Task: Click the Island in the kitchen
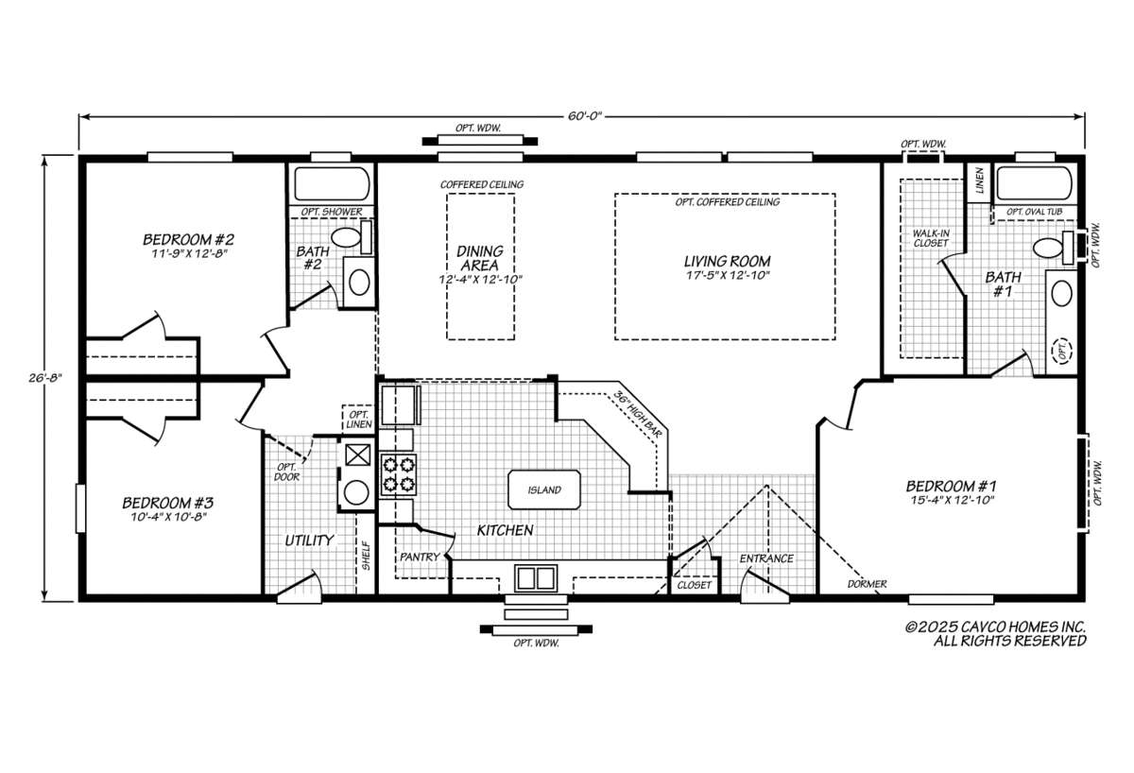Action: tap(544, 490)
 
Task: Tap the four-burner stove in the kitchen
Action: tap(399, 474)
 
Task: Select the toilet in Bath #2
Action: tap(352, 237)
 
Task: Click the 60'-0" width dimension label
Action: tap(584, 116)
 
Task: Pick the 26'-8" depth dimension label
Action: tap(45, 378)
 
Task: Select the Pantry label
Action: tap(420, 557)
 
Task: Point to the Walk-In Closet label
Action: tap(931, 238)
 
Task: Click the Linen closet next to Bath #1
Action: tap(980, 182)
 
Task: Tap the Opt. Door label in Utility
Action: tap(286, 472)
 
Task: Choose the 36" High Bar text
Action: tap(637, 415)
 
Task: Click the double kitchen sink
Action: tap(536, 578)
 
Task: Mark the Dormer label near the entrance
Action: tap(867, 584)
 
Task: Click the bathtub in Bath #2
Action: tap(332, 183)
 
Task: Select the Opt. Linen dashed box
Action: tap(358, 420)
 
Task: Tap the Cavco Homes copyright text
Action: tap(995, 634)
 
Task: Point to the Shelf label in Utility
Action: tap(367, 556)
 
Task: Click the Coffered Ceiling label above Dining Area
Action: tap(481, 184)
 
